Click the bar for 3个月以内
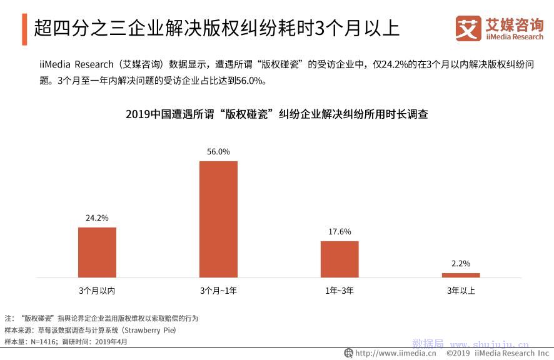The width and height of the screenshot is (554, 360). coord(97,252)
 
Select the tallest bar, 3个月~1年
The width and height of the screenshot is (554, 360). coord(218,219)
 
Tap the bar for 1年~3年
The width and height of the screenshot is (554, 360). coord(340,259)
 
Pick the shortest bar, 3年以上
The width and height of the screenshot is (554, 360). coord(461,275)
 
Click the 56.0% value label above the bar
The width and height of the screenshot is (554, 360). coord(218,151)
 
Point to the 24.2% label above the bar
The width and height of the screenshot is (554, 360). coord(97,218)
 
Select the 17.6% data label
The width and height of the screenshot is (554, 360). coord(340,232)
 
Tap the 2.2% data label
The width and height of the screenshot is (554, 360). coord(461,264)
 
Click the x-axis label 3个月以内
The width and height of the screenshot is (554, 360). coord(97,291)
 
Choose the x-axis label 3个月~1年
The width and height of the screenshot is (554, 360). coord(218,291)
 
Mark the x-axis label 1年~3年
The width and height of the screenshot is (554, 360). coord(340,291)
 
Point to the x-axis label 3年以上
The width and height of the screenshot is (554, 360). coord(461,291)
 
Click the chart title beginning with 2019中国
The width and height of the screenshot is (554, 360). coord(276,114)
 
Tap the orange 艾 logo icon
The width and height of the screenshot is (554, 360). coord(468,28)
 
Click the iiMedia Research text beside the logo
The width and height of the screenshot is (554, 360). coord(515,37)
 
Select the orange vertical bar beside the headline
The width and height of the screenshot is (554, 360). coord(24,29)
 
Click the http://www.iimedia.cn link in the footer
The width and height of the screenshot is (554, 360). coord(396,353)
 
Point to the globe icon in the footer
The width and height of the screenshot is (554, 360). coord(349,353)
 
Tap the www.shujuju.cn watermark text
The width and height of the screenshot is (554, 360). coord(490,344)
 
